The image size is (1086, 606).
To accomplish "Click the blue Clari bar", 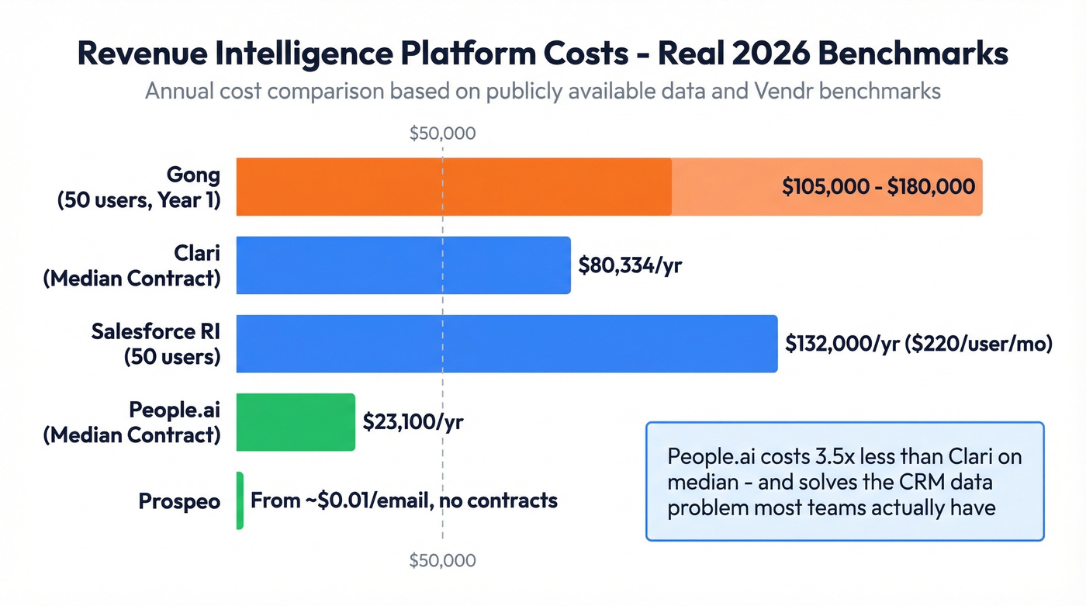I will (x=403, y=265).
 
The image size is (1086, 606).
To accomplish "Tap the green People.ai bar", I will (x=296, y=422).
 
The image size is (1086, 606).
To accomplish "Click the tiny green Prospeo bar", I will (x=240, y=500).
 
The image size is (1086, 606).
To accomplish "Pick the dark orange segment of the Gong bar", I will (x=454, y=187).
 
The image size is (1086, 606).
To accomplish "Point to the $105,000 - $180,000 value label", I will (x=878, y=187).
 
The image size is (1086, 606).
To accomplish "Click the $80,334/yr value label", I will (x=630, y=265).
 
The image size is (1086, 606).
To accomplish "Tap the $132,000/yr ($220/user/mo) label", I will (x=918, y=344).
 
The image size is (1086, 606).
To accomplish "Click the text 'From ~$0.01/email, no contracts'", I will (x=403, y=500).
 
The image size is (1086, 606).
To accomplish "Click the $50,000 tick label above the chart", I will (x=442, y=133).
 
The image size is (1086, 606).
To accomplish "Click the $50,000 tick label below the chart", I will (x=442, y=560).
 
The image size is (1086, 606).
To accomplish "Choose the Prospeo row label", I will (x=179, y=501).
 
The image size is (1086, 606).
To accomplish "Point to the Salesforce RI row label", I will (x=156, y=344).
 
